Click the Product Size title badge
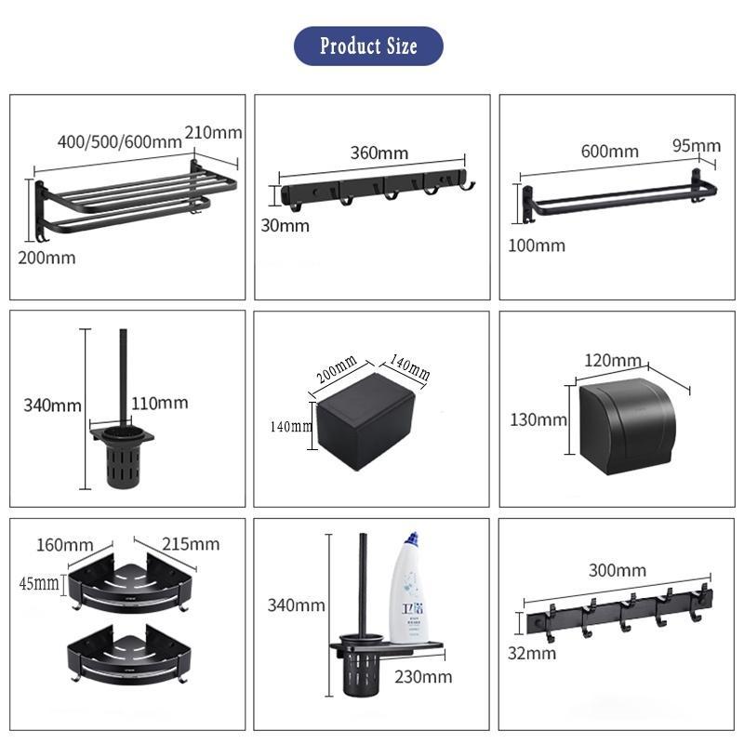(x=368, y=46)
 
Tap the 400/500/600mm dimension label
(x=120, y=141)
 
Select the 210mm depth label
(x=214, y=132)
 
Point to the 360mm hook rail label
(x=379, y=153)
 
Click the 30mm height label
(x=285, y=225)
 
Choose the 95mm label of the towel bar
(x=696, y=145)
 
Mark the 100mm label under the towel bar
(x=537, y=246)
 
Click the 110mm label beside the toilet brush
(x=159, y=403)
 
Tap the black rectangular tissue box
(x=365, y=421)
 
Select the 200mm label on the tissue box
(x=337, y=369)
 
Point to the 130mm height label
(x=538, y=419)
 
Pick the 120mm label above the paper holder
(x=613, y=360)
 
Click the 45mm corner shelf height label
(x=39, y=583)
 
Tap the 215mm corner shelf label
(x=191, y=544)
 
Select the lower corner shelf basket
(x=129, y=655)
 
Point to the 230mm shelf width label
(x=423, y=677)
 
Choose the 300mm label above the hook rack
(x=618, y=570)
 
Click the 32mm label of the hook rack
(x=532, y=654)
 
